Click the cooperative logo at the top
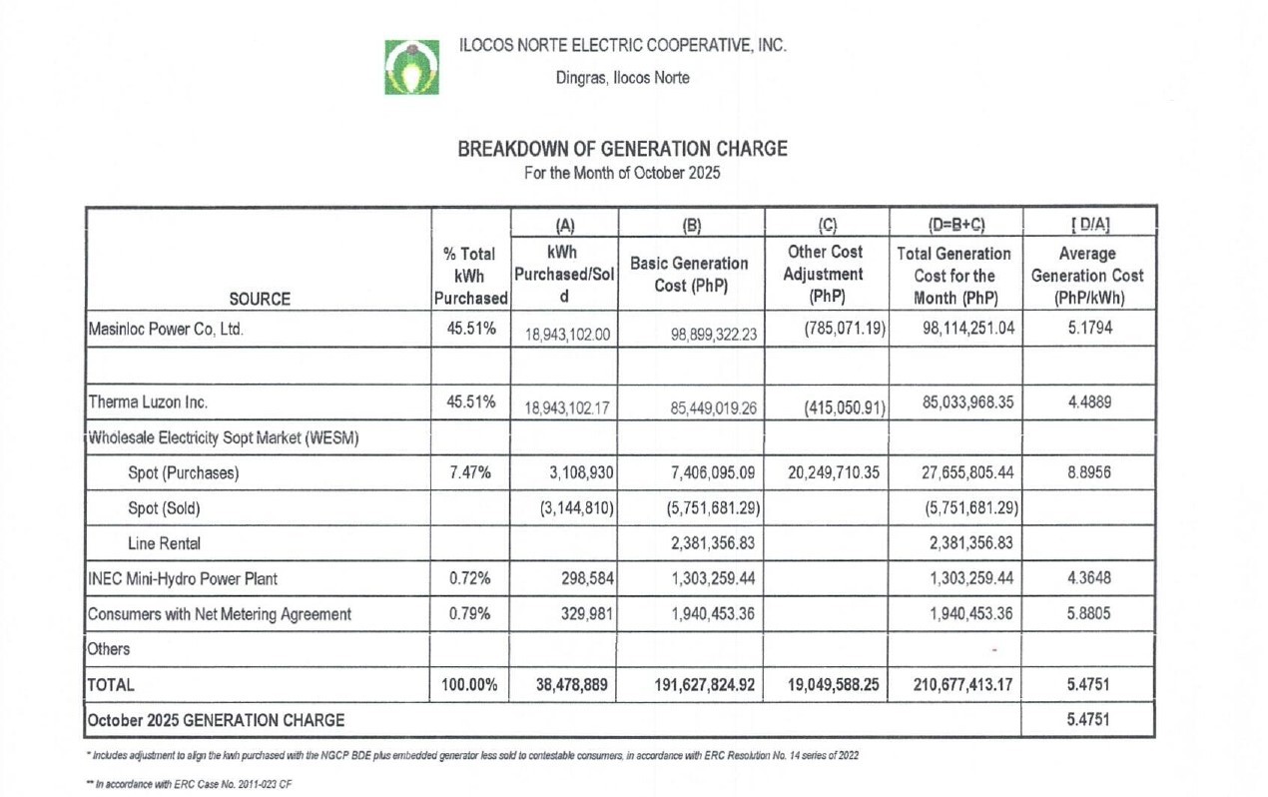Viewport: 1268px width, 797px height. click(x=411, y=67)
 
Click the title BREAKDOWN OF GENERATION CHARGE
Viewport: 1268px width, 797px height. click(x=622, y=149)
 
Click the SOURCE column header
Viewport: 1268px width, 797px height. click(x=258, y=298)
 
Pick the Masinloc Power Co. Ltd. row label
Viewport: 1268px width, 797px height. click(x=166, y=331)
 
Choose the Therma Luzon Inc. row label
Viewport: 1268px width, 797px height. click(x=145, y=402)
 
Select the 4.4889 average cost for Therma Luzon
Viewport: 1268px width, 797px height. click(x=1090, y=402)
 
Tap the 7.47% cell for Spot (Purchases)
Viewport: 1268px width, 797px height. click(x=468, y=473)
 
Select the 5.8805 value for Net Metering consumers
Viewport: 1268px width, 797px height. click(x=1090, y=613)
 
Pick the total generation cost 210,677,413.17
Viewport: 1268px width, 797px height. click(x=955, y=685)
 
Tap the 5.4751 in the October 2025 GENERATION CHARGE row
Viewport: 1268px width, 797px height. click(x=1090, y=719)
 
